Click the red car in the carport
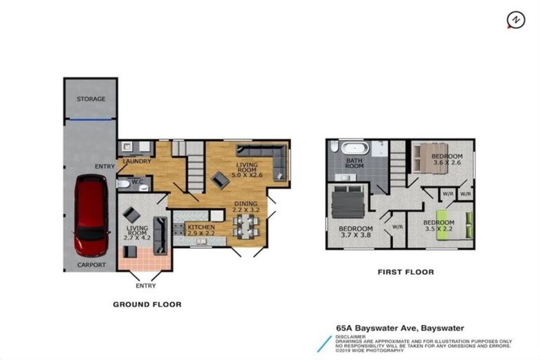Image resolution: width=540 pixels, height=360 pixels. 91,215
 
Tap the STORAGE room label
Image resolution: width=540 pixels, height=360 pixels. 91,99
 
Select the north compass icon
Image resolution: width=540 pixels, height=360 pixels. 516,20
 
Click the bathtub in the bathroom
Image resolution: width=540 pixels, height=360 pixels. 355,148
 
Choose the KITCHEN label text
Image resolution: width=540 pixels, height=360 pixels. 201,227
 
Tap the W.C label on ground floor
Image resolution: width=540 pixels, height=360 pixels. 137,181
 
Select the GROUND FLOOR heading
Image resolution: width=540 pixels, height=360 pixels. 147,304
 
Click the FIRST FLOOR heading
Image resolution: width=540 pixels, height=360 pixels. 406,272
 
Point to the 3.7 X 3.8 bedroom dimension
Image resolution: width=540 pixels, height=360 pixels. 356,235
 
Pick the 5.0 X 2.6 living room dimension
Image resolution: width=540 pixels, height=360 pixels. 247,175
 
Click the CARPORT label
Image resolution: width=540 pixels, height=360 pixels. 91,265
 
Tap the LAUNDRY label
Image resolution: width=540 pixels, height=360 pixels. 137,161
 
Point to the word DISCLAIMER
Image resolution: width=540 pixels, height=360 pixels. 351,337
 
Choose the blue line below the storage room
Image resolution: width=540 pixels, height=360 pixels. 91,120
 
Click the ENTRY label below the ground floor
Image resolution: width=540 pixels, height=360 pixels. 146,285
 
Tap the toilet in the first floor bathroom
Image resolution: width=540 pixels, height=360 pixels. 334,147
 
